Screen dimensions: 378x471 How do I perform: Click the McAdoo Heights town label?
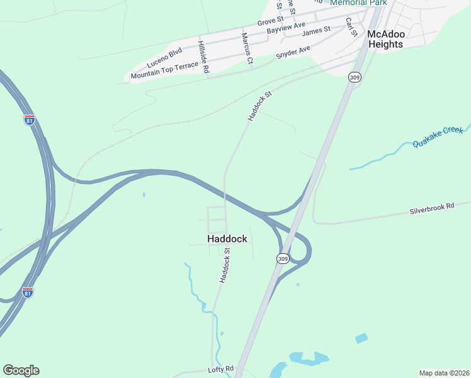385,39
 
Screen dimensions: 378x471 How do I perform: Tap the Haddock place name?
227,239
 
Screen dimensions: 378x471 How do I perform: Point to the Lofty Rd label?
220,369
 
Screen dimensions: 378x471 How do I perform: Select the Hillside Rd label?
202,58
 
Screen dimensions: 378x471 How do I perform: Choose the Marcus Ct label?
246,49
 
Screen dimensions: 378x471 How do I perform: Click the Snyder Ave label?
293,52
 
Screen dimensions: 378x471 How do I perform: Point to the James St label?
316,31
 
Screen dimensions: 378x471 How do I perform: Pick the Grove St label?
271,22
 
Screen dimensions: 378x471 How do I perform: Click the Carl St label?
351,27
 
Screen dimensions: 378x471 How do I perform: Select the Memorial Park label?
358,3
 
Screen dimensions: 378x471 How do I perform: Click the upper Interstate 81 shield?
29,120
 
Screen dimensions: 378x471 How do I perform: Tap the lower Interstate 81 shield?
27,292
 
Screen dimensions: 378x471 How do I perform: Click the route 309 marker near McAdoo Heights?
355,77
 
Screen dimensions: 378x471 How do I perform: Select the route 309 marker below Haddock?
282,258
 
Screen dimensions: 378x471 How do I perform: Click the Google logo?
21,370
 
